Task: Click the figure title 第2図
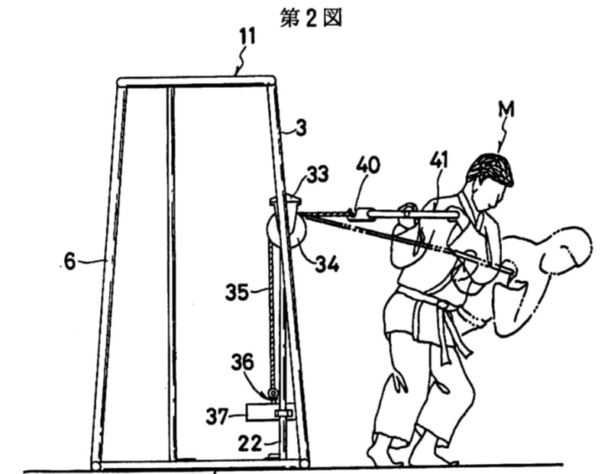tap(311, 18)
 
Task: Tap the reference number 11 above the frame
tap(247, 37)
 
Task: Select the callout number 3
tap(301, 127)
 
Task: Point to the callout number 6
tap(70, 260)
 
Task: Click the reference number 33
tap(317, 175)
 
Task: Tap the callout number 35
tap(237, 292)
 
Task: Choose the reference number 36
tap(242, 363)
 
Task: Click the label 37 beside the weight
tap(217, 416)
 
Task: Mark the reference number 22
tap(250, 443)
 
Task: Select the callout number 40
tap(368, 165)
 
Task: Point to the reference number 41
tap(438, 160)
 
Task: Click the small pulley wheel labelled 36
tap(273, 394)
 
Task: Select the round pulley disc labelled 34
tap(286, 233)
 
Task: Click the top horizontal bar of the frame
tap(196, 82)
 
